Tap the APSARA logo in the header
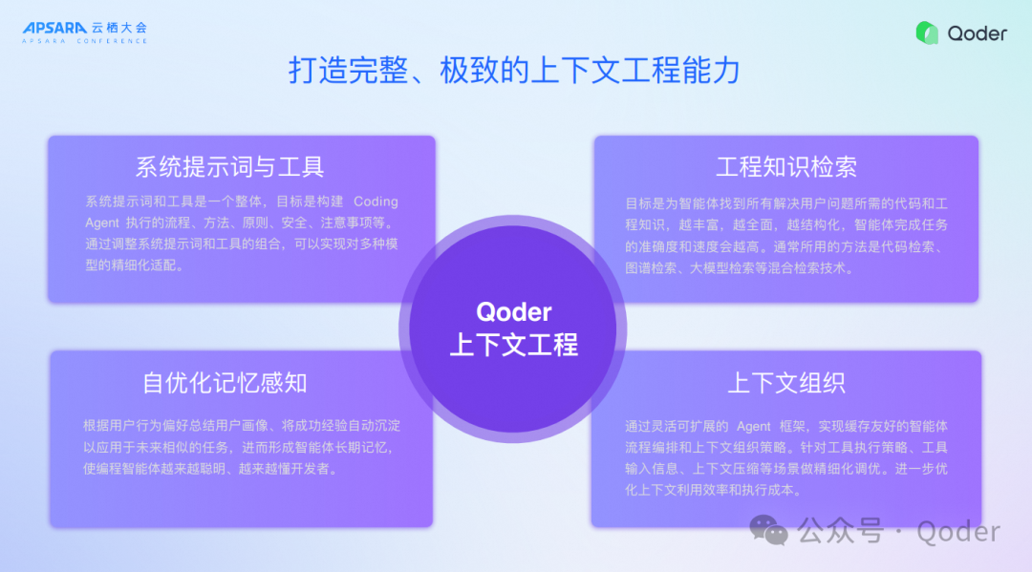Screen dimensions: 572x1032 (55, 28)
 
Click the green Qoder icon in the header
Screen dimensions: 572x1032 (927, 32)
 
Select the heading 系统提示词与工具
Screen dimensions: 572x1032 (229, 167)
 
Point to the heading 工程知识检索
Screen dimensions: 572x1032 (786, 167)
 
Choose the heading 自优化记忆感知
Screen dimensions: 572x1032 (226, 383)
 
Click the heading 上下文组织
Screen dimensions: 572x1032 (786, 383)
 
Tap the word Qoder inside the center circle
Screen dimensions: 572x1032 (514, 312)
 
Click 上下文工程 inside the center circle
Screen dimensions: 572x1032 (514, 345)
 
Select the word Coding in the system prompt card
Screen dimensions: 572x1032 (376, 201)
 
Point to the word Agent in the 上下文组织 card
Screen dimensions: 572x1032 (754, 426)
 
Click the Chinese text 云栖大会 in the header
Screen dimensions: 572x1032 (119, 28)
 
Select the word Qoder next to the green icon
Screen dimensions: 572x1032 (977, 33)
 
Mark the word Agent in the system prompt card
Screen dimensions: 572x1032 (102, 222)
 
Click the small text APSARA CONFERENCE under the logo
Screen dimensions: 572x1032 (85, 41)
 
